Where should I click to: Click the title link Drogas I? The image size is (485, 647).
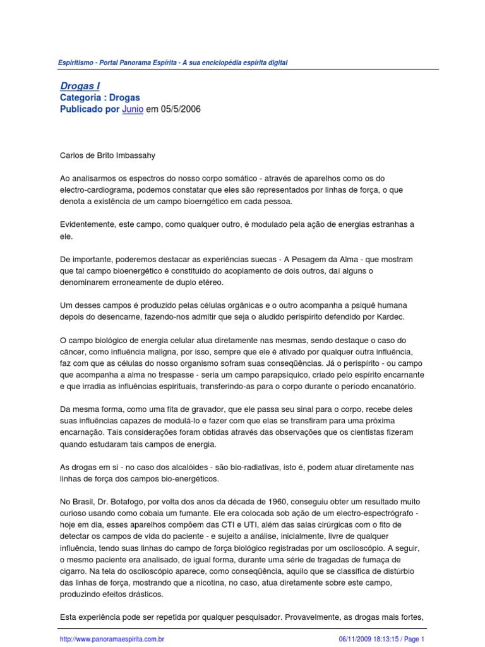(x=80, y=86)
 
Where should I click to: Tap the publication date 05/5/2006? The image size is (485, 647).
(x=182, y=109)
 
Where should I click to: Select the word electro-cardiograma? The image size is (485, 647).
(x=96, y=190)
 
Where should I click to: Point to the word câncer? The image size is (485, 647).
(x=74, y=351)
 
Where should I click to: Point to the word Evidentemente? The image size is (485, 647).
(x=89, y=225)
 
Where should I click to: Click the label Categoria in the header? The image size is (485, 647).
(x=81, y=98)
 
